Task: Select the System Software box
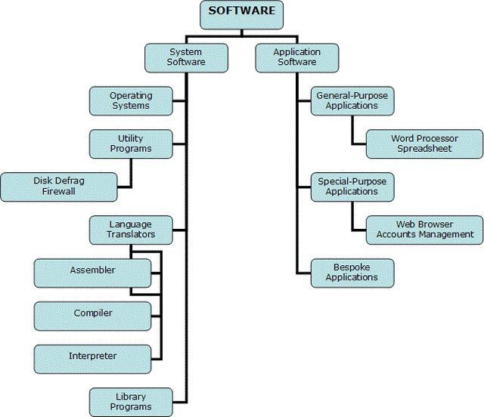[186, 57]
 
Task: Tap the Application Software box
[296, 57]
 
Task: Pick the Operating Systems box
[131, 101]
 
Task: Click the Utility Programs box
[131, 144]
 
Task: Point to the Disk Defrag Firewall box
[59, 187]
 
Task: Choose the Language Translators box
[131, 230]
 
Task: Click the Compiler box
[92, 313]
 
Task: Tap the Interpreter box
[92, 356]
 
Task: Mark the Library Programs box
[131, 401]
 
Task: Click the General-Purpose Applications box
[352, 101]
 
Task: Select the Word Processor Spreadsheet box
[423, 144]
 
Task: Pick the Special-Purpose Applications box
[352, 187]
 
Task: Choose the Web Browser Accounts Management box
[424, 230]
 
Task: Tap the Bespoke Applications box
[352, 272]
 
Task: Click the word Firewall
[60, 192]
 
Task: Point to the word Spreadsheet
[423, 149]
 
